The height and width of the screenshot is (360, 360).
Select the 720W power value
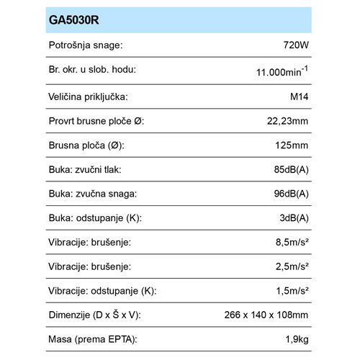pyautogui.click(x=296, y=45)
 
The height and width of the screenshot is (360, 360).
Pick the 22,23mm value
pyautogui.click(x=287, y=120)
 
